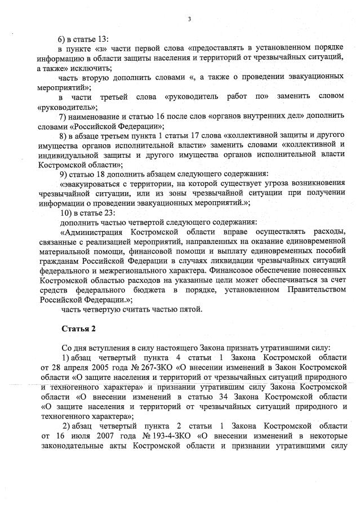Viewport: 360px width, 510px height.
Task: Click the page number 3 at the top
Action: [190, 19]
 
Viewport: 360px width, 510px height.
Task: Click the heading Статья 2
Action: [77, 328]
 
